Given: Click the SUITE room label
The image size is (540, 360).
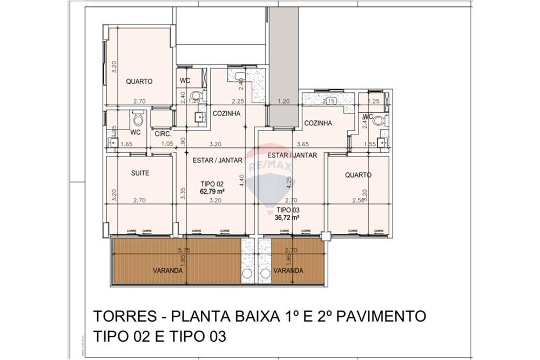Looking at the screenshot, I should point(140,173).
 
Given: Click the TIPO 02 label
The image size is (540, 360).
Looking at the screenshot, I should point(212,184).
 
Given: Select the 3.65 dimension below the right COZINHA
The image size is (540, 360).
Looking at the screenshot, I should point(303,144).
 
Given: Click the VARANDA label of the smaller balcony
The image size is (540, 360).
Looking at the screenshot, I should point(288,270).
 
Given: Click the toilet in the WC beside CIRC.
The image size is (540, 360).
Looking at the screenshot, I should point(138,118).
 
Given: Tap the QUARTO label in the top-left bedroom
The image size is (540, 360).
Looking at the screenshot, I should point(139,81).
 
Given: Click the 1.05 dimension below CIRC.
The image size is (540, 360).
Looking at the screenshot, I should point(167,144).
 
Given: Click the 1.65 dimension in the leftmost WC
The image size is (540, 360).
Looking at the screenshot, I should point(126,144).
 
